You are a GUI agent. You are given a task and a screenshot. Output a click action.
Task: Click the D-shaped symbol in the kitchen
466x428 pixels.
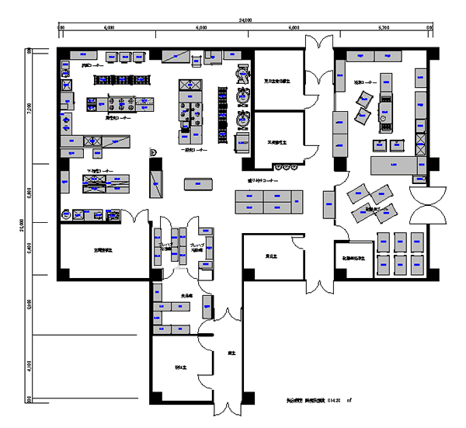154,152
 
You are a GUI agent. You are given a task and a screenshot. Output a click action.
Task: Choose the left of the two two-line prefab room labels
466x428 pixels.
165,247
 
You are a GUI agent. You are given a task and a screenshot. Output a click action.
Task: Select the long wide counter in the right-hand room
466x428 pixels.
396,165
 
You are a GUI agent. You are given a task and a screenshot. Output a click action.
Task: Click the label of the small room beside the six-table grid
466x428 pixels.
353,257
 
